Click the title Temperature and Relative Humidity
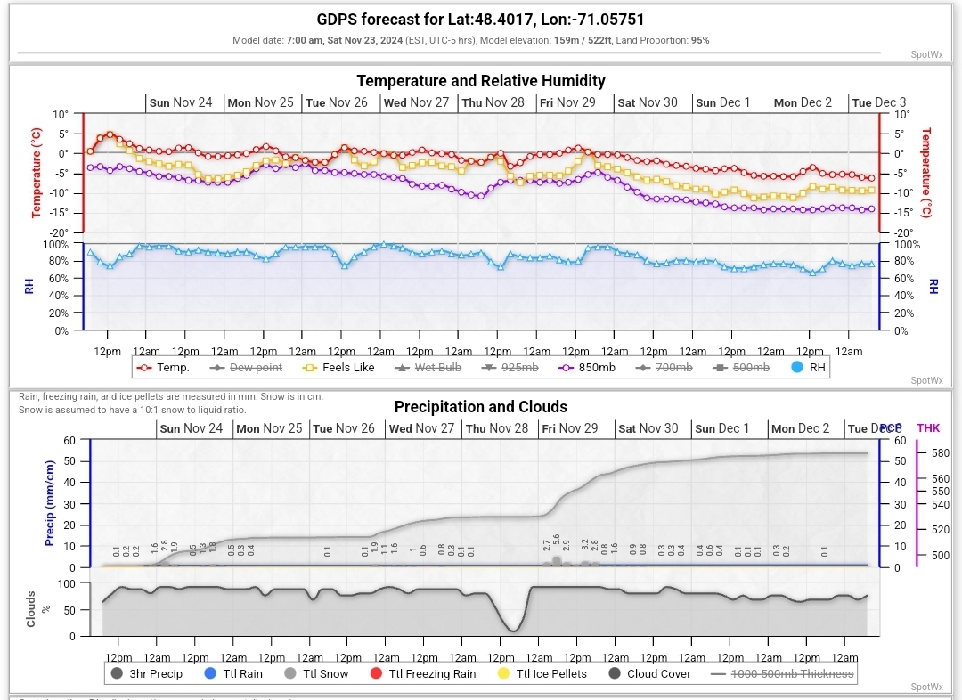[x=481, y=81]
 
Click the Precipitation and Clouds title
[x=481, y=407]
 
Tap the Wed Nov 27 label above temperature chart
[x=416, y=102]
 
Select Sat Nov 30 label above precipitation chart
[x=648, y=428]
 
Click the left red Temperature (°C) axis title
[x=37, y=173]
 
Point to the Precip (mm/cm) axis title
[x=50, y=504]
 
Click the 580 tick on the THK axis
[x=940, y=453]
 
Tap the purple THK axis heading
[x=927, y=428]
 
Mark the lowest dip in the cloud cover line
[x=512, y=631]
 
